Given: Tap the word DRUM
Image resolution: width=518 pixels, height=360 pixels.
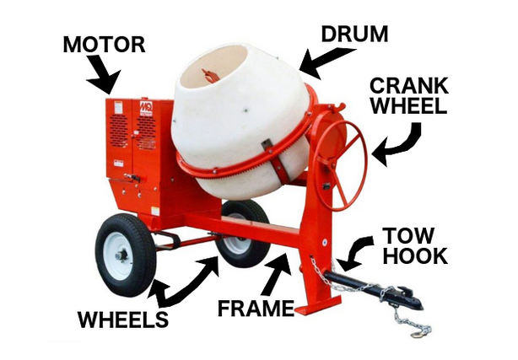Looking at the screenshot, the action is (x=354, y=34).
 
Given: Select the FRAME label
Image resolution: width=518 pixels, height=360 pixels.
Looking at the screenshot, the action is (x=256, y=309).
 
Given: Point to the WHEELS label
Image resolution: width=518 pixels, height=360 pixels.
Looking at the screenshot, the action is (x=123, y=319).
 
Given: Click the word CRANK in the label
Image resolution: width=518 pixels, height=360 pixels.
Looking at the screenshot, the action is (x=409, y=85).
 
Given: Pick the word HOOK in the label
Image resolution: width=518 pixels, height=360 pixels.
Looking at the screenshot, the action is (x=415, y=255).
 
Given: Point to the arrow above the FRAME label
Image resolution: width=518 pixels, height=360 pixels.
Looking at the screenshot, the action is (x=277, y=273).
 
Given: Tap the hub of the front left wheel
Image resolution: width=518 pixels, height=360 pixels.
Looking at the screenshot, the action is (x=121, y=255).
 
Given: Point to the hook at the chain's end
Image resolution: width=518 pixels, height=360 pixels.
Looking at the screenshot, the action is (x=418, y=334).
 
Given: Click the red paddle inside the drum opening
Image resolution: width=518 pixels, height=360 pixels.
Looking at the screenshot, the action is (x=208, y=76).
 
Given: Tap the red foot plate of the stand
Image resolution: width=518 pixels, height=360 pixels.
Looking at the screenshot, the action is (x=318, y=306).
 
